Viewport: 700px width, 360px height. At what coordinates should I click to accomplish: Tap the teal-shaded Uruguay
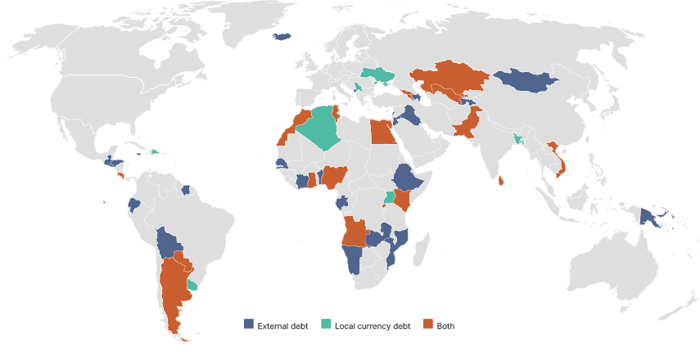click(x=193, y=285)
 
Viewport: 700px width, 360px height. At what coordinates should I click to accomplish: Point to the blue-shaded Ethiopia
click(x=406, y=177)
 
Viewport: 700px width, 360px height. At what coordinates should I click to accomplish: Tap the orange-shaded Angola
click(x=355, y=232)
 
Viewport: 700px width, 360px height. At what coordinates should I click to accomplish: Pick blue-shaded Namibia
click(x=354, y=260)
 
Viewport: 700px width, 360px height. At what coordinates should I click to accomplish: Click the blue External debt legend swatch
click(x=249, y=325)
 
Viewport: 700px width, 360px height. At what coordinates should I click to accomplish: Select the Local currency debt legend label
click(x=373, y=326)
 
